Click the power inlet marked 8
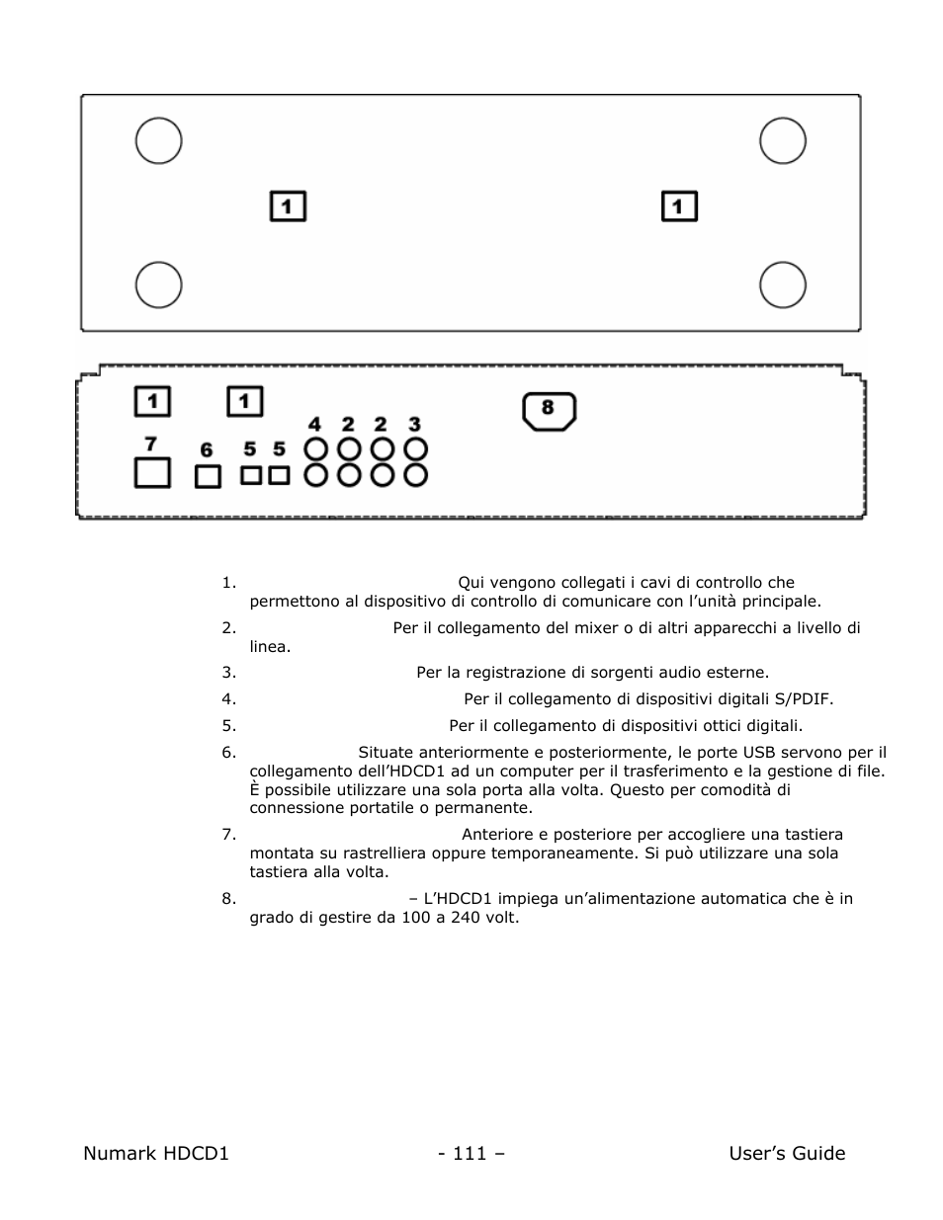click(x=549, y=410)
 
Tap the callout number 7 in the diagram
click(x=151, y=444)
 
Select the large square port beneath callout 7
click(x=151, y=473)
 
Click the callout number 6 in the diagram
click(x=207, y=450)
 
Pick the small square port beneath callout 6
click(x=207, y=476)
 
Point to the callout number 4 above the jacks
click(x=314, y=425)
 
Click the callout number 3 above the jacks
click(x=415, y=425)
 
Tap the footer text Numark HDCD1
click(x=156, y=1153)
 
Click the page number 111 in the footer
click(x=471, y=1153)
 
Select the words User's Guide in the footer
click(x=787, y=1153)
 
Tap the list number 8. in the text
click(x=228, y=899)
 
